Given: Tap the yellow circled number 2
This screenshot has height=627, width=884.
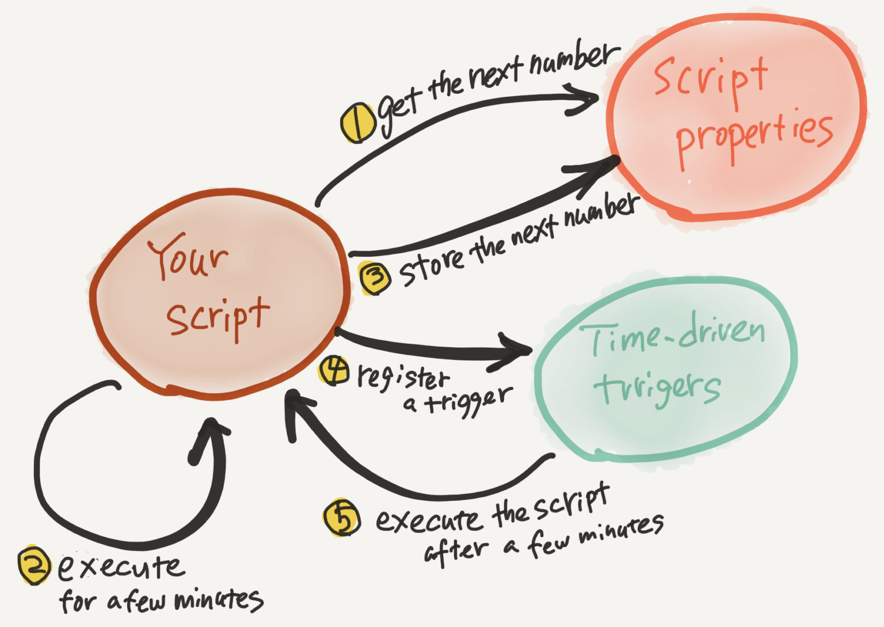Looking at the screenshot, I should pos(35,565).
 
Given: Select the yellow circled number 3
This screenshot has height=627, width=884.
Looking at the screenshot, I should pos(375,277).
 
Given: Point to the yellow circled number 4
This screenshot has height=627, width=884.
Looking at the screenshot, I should pos(334,370).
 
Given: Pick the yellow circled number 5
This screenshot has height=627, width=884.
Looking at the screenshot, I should pos(342,517).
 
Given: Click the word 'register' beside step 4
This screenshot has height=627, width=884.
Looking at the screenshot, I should pos(402,377).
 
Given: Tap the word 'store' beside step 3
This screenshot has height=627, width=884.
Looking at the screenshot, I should pos(432,265).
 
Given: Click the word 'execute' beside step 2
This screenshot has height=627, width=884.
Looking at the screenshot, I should pos(121,567).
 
